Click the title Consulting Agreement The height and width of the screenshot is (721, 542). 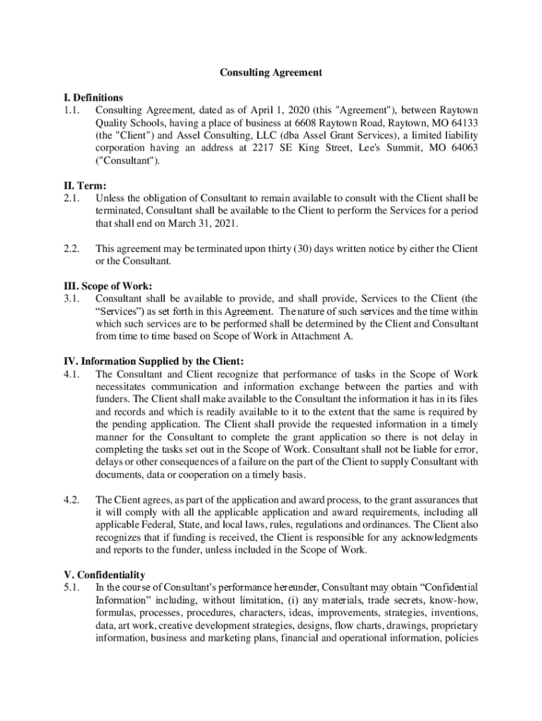(271, 73)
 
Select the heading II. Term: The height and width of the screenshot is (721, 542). (83, 186)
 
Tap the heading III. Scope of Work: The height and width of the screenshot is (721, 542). (104, 287)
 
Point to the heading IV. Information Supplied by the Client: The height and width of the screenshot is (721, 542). (154, 362)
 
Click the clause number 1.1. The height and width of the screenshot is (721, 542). (72, 111)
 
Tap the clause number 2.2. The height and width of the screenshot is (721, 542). (72, 249)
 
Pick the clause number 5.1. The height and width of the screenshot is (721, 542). (72, 587)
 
